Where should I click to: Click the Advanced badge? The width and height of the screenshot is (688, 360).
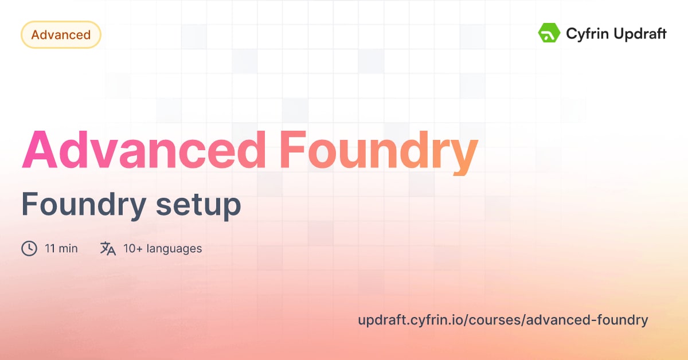(x=61, y=35)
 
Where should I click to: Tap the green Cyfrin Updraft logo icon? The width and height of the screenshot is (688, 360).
(x=549, y=33)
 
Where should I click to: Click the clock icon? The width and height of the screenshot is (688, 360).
(x=29, y=248)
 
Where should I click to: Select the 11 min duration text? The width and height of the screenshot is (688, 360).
(x=61, y=249)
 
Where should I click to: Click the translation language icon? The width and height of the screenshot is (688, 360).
(x=108, y=248)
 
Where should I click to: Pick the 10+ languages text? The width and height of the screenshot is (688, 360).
(x=162, y=249)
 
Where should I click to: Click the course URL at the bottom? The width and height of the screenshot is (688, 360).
(x=503, y=320)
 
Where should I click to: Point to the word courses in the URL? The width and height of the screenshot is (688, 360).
(x=495, y=320)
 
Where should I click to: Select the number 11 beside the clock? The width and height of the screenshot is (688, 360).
(x=49, y=249)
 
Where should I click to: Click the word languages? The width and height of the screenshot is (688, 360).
(x=174, y=249)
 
